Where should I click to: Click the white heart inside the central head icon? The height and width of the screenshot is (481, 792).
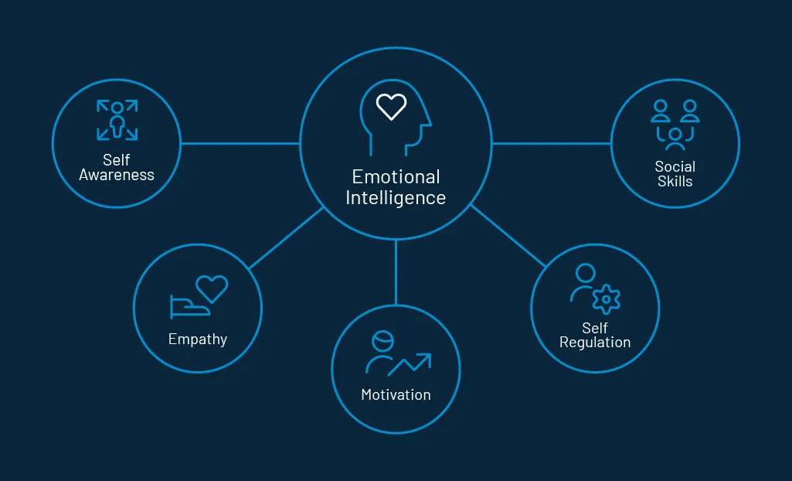click(x=391, y=106)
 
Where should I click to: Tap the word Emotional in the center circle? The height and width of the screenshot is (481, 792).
click(x=396, y=177)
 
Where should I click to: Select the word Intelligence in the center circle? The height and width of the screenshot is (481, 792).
click(x=396, y=198)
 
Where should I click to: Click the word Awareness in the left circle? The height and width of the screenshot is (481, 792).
click(x=117, y=175)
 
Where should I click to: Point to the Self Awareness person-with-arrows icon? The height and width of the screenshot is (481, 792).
click(x=117, y=120)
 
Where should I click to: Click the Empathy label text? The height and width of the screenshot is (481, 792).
click(x=198, y=339)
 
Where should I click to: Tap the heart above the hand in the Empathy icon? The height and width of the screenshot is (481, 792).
click(x=212, y=288)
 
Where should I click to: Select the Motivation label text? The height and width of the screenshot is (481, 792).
click(x=396, y=395)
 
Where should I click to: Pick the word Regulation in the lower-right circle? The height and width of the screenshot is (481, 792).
click(x=595, y=343)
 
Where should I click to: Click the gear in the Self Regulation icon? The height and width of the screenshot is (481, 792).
click(x=607, y=299)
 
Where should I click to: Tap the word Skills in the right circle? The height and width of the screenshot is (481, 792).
click(x=675, y=182)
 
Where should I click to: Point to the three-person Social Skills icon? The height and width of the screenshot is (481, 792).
click(x=675, y=124)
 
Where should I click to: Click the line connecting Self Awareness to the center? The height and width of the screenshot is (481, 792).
click(x=240, y=143)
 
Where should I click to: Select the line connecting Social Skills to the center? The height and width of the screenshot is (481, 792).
click(x=551, y=143)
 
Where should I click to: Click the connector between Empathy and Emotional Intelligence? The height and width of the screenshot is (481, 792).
click(x=286, y=237)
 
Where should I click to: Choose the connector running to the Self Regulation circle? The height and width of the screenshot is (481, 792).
click(x=508, y=236)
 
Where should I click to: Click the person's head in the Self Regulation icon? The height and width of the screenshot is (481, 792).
click(x=586, y=273)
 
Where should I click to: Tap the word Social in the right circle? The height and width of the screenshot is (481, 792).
click(x=675, y=166)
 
